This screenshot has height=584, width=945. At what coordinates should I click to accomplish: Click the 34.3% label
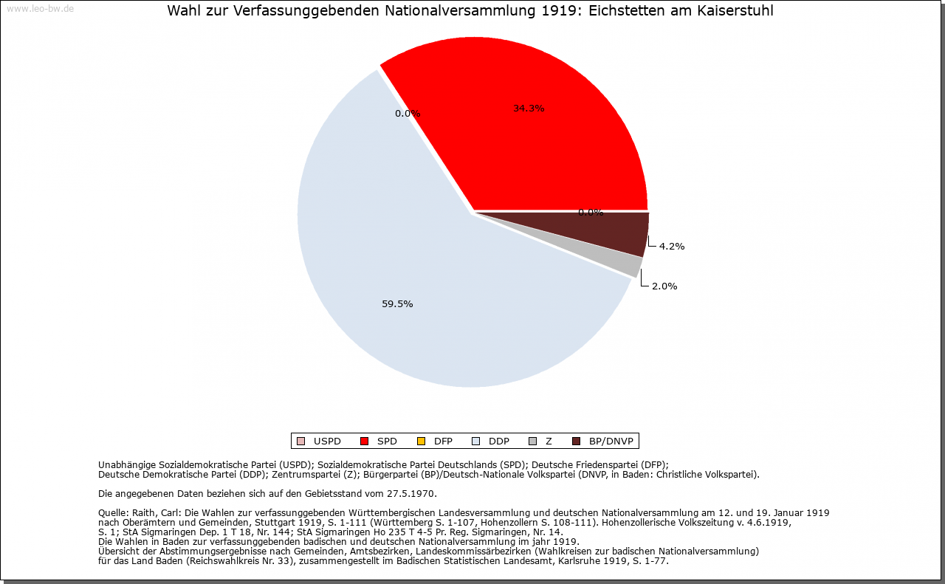tap(529, 109)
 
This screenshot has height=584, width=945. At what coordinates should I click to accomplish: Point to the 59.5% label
tap(397, 304)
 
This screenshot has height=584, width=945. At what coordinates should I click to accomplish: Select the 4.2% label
tap(672, 247)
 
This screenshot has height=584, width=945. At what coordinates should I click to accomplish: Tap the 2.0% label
tap(664, 286)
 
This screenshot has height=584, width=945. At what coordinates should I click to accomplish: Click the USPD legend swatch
tap(300, 442)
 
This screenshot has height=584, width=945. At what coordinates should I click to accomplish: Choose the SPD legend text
tap(387, 442)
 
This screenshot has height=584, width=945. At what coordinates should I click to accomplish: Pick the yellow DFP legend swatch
tap(421, 442)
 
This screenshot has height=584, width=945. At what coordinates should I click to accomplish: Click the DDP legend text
tap(499, 442)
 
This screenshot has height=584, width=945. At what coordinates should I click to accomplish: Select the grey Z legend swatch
tap(533, 442)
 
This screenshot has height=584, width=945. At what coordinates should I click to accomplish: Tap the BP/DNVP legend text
tap(611, 442)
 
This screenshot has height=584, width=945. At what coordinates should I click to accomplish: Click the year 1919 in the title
tap(559, 10)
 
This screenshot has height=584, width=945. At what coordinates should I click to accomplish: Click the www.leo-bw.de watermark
tap(41, 8)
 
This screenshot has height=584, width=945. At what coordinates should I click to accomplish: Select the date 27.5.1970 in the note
tap(411, 494)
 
